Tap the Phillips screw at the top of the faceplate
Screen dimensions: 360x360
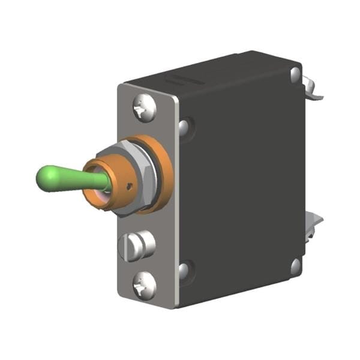coord(144,108)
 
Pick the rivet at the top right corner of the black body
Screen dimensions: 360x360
coord(296,74)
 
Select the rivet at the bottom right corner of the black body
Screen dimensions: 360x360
coord(296,266)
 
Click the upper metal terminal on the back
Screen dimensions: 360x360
coord(313,88)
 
